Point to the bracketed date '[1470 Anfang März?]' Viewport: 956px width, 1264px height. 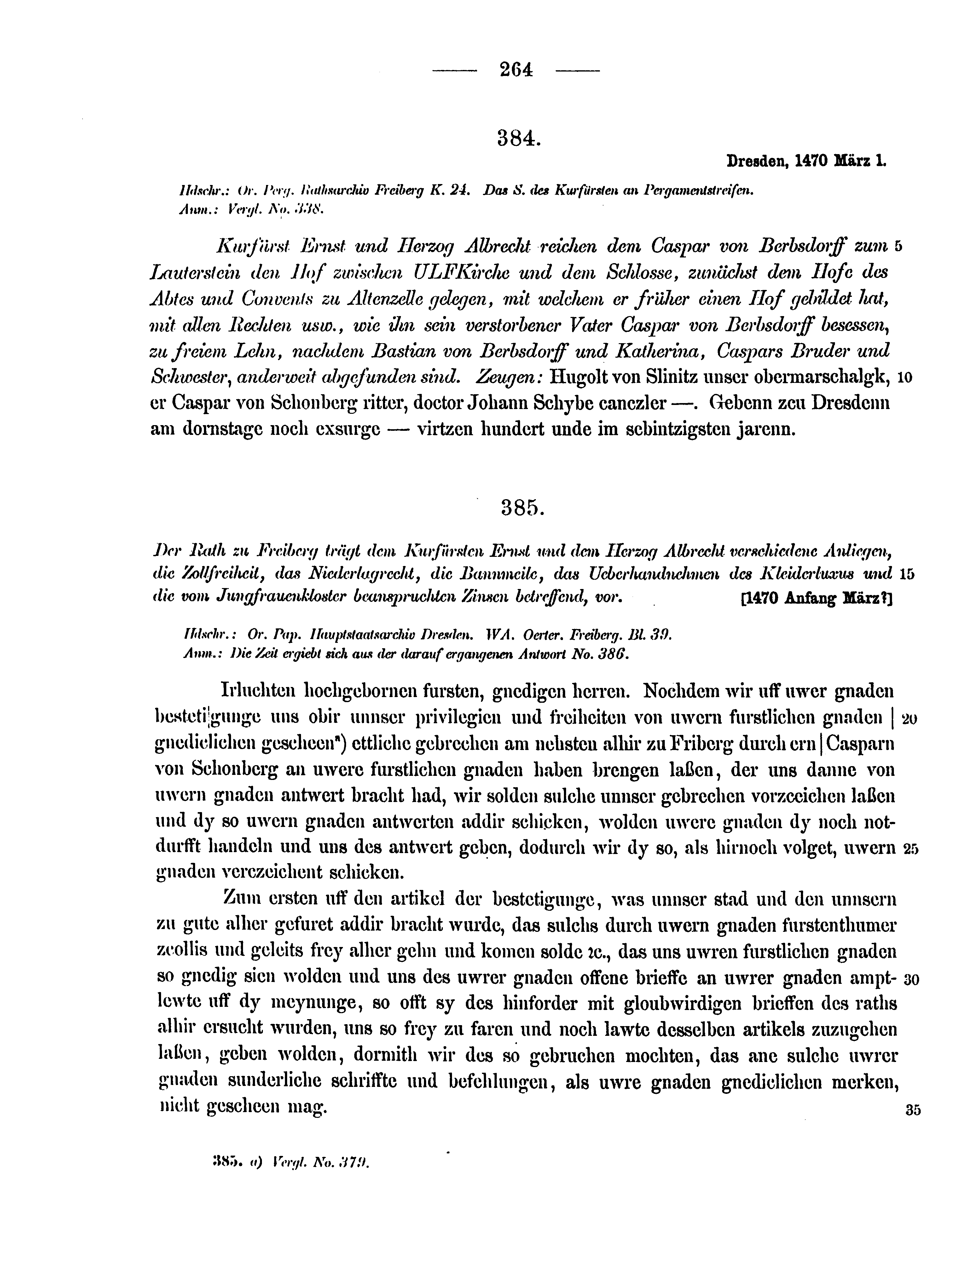click(816, 598)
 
